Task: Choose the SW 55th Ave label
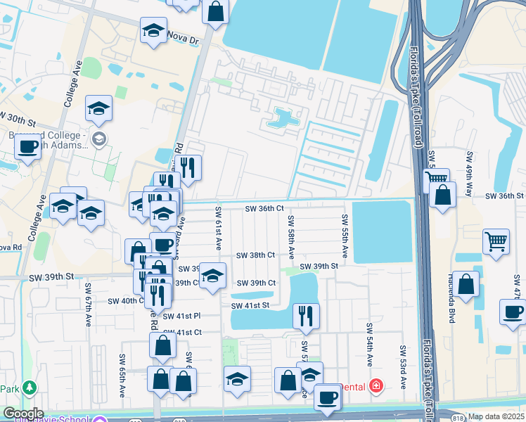pos(345,236)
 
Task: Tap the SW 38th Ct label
pos(255,255)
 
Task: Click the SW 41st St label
pos(250,305)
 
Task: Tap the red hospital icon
pos(376,386)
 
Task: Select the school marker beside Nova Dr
pos(153,31)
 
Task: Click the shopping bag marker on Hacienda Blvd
pos(466,284)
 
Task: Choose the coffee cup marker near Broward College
pos(27,146)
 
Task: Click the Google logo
pos(23,414)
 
